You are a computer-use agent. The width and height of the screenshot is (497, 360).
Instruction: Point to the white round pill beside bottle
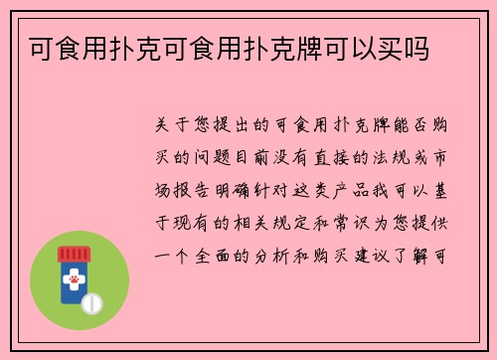92,302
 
